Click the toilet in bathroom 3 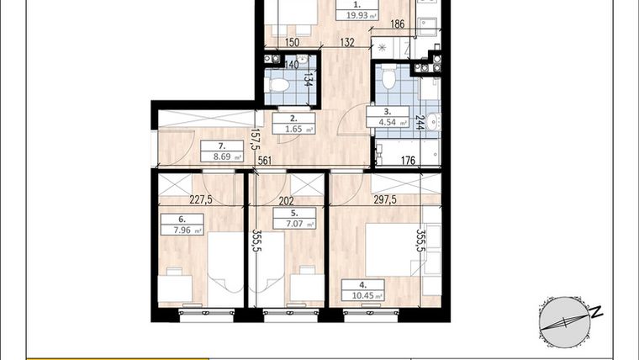point(388,81)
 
